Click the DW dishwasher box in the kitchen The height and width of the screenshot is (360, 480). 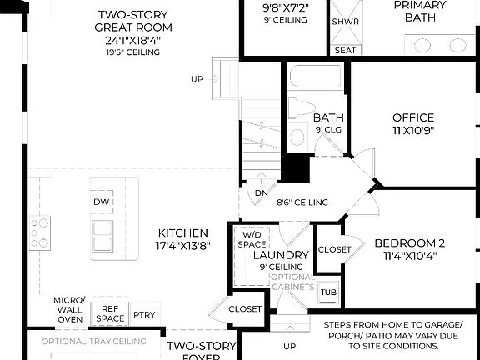coord(102,202)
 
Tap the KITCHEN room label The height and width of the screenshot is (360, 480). coord(182,240)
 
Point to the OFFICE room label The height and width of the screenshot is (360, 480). coord(413,123)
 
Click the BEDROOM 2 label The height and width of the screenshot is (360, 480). coord(409,248)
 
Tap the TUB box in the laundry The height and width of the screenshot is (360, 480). coord(328,292)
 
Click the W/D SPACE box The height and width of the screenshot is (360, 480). coord(250,240)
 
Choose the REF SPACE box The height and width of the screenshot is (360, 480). coord(109,313)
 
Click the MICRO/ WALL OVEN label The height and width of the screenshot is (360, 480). coord(68,309)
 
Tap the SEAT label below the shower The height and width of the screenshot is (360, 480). coord(344,50)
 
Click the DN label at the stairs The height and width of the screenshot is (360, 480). coord(261,192)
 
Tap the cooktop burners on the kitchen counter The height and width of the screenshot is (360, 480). coord(39,232)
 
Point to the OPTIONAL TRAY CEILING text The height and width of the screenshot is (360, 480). coord(93,341)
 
